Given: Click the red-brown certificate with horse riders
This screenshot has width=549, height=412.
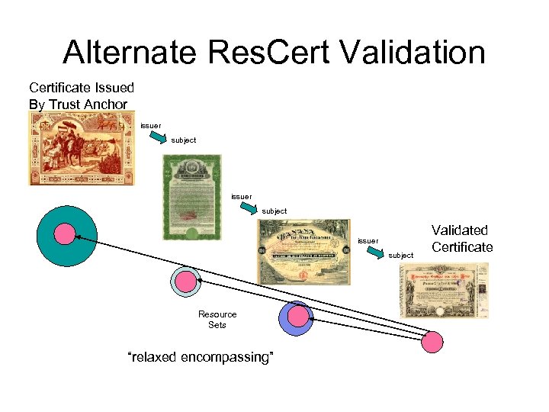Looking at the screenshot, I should point(82,148).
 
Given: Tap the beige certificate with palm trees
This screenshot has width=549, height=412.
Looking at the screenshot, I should point(304,252).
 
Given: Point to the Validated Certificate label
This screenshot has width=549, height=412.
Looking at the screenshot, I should point(462,238).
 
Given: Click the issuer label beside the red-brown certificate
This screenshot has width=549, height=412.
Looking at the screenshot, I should point(150,124).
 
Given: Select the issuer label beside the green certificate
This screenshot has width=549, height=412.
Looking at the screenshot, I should point(241,196).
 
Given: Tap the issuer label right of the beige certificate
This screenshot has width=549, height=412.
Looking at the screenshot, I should point(368,240).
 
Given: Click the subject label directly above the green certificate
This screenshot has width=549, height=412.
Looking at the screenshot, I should point(183,140).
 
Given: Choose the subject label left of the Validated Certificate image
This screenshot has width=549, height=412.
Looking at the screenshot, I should point(400,255).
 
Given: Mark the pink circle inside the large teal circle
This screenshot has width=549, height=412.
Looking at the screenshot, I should point(64,233).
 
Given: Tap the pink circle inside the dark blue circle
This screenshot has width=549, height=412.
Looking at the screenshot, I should point(298,315).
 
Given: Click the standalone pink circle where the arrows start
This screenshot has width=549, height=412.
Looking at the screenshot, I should point(432,342).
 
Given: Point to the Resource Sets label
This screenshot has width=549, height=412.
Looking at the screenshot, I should point(217,320).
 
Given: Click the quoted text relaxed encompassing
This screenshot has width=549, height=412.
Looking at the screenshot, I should point(201,357).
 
